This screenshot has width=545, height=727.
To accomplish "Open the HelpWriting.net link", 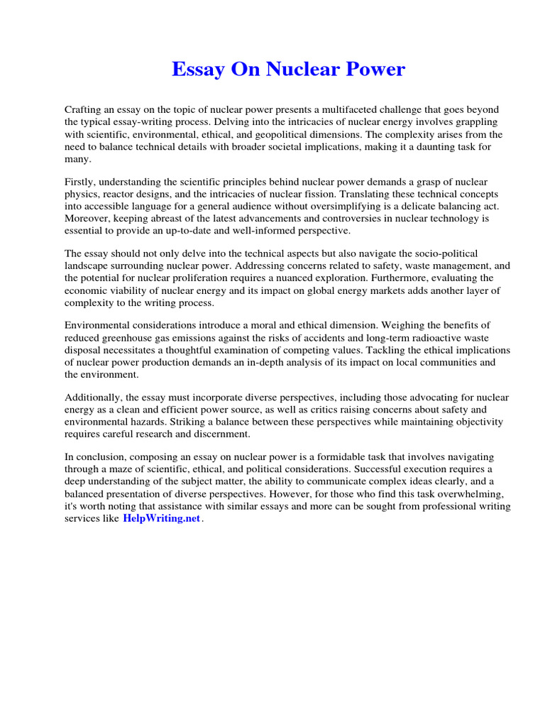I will (x=162, y=519).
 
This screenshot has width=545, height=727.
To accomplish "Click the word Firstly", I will (x=82, y=182).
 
